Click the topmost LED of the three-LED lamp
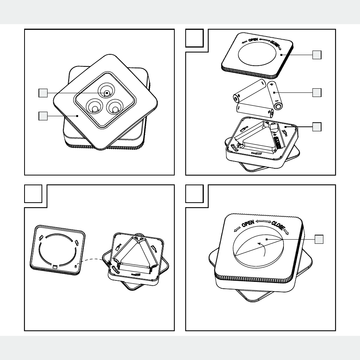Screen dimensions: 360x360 (106, 91)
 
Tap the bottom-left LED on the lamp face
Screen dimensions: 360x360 (94, 107)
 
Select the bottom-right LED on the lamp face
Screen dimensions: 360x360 (115, 107)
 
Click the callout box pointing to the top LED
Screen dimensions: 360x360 (43, 93)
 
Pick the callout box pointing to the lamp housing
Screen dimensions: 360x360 (43, 116)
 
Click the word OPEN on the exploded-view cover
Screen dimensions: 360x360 (253, 40)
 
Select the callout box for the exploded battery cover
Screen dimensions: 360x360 (317, 55)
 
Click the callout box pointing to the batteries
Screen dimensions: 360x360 (317, 92)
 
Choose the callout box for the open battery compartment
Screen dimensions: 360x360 (317, 127)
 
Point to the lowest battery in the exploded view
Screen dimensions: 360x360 (255, 110)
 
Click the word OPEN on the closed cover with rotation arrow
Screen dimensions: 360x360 (248, 223)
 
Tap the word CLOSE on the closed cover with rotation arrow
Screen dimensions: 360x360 (278, 226)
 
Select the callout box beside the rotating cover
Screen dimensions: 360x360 (319, 239)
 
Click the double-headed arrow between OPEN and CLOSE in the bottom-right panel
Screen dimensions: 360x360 (263, 222)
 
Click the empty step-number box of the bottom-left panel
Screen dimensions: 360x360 (33, 194)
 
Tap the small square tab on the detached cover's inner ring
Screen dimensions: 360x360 (55, 266)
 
